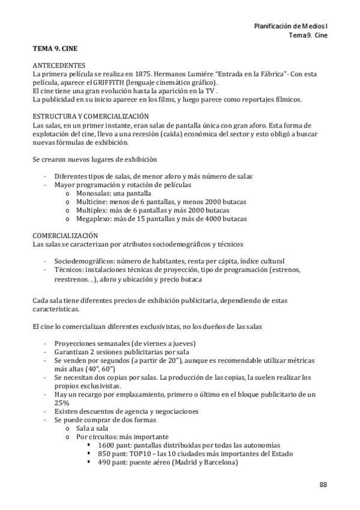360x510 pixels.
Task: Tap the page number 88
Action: tap(323, 485)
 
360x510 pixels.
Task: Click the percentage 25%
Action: tap(61, 402)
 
